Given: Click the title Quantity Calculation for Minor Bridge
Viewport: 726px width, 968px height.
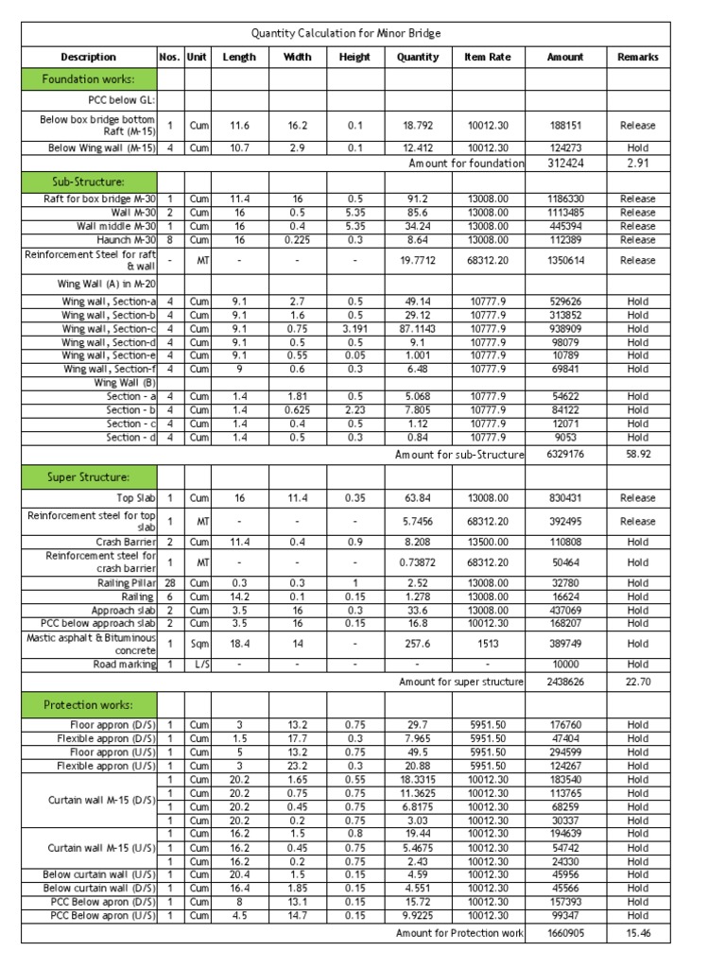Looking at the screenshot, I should click(345, 33).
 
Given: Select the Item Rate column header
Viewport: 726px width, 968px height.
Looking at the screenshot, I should click(487, 57).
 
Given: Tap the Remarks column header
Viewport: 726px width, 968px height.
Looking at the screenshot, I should click(637, 57).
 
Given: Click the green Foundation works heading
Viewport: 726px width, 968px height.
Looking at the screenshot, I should click(89, 79).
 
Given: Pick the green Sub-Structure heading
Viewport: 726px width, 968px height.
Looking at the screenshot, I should click(89, 181).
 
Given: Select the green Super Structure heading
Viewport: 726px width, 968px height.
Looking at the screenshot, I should click(89, 476).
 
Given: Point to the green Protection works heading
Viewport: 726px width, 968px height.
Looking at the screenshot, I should click(89, 705).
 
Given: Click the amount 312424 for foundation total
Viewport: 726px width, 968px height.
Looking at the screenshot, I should click(565, 164).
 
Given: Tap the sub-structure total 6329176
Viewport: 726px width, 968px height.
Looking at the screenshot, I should click(565, 455).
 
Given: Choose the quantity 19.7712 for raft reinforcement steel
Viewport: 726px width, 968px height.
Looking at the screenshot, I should click(418, 260).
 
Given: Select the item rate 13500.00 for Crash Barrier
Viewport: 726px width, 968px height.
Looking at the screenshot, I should click(487, 543).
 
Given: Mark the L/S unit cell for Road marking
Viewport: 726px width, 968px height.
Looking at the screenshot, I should click(199, 665).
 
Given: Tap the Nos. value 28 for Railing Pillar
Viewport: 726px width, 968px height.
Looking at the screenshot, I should click(169, 583).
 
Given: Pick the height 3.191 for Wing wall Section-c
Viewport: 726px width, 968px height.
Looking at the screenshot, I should click(354, 328).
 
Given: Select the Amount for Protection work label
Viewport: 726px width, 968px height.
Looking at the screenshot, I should click(459, 933).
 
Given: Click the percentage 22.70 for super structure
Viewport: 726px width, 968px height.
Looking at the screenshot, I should click(637, 682).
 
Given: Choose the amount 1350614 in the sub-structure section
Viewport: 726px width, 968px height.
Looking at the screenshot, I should click(565, 260).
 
